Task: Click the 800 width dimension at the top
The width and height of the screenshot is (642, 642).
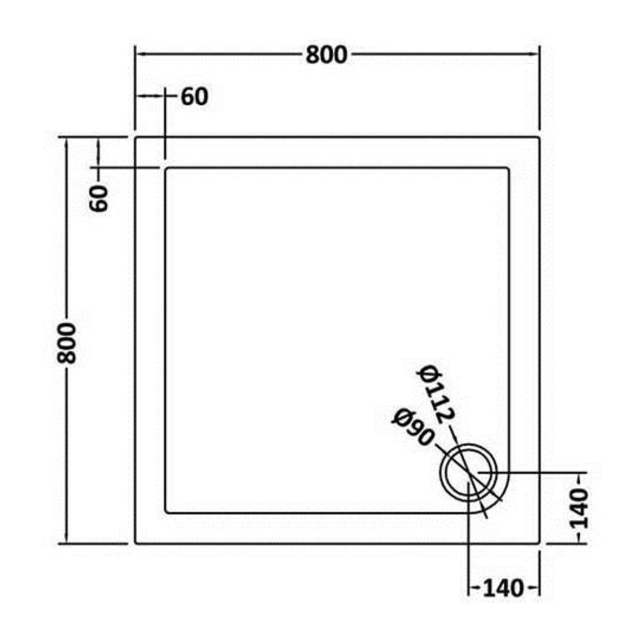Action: [326, 55]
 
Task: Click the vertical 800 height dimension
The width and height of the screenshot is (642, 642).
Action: [66, 343]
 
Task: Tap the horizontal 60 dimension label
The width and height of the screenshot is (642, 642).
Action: [195, 97]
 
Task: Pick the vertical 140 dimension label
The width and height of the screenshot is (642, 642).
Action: [579, 508]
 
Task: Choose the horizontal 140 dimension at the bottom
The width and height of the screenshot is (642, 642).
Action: [503, 589]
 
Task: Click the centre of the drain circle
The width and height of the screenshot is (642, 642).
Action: [469, 472]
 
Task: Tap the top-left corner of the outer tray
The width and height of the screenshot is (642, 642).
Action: [136, 138]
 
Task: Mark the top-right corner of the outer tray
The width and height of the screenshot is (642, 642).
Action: [539, 138]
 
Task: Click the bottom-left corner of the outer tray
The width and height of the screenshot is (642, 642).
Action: [136, 543]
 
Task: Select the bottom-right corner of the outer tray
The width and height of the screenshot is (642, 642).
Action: [539, 543]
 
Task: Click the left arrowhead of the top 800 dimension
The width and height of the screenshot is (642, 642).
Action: [138, 54]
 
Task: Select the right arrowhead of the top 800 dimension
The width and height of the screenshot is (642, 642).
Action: [536, 54]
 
